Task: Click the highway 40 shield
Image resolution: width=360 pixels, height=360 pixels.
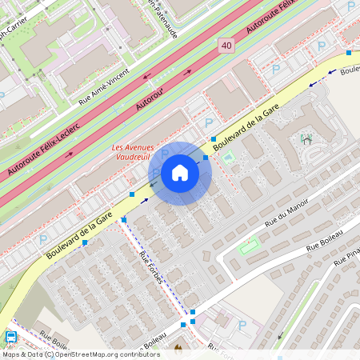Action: pyautogui.click(x=226, y=48)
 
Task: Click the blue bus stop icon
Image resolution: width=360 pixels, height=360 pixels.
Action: pyautogui.click(x=11, y=338)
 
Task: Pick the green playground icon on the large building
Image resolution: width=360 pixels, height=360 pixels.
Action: pyautogui.click(x=306, y=139)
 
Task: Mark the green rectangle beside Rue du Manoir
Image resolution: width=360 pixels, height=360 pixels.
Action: pyautogui.click(x=250, y=245)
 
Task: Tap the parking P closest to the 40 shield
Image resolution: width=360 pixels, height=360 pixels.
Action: pyautogui.click(x=276, y=70)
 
